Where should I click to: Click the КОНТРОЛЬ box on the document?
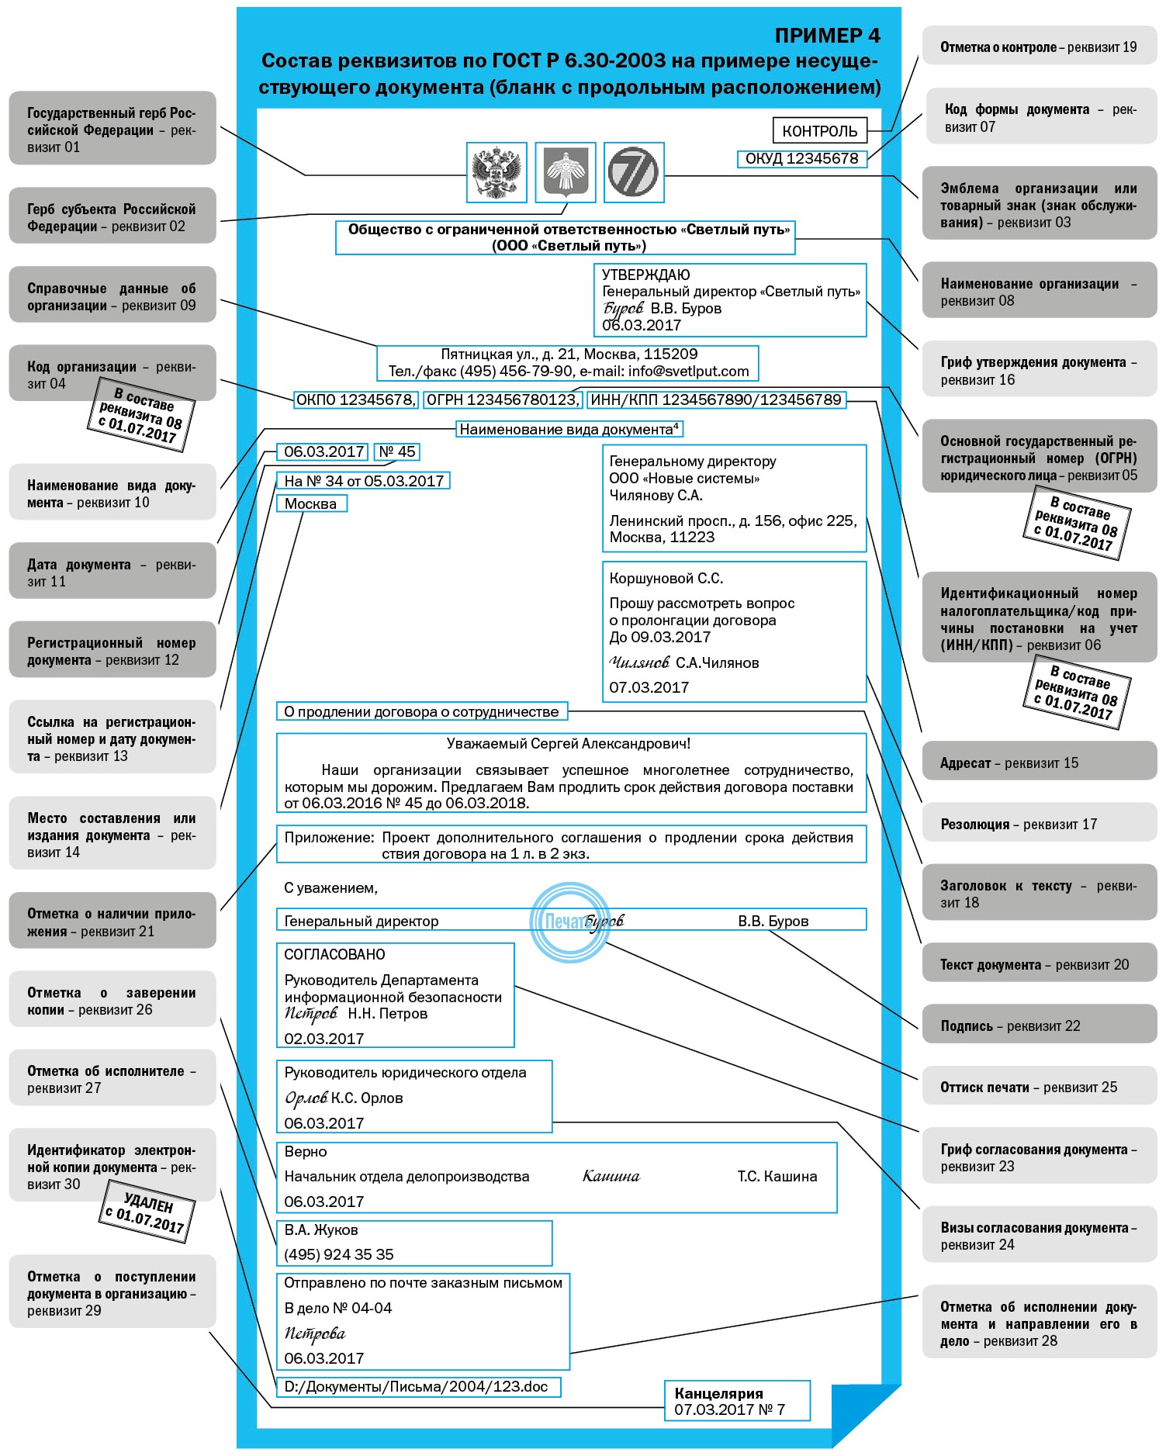click(819, 131)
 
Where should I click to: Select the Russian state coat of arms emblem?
click(497, 172)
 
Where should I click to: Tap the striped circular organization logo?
click(634, 172)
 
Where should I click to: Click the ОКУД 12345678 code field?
click(801, 159)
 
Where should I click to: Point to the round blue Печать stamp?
click(569, 922)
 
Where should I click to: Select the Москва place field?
click(311, 503)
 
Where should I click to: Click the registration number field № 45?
click(397, 451)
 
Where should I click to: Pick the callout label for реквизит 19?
click(1038, 47)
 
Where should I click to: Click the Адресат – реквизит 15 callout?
click(1038, 763)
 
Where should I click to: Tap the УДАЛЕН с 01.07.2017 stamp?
click(147, 1212)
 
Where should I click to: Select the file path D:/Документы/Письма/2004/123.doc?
click(417, 1386)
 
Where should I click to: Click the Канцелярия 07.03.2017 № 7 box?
click(736, 1401)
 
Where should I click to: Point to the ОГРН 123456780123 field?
click(503, 400)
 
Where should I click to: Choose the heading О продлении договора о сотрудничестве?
click(422, 711)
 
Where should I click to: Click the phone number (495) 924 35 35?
click(339, 1254)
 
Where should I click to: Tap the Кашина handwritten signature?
click(611, 1177)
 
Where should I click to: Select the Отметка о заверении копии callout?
click(112, 1001)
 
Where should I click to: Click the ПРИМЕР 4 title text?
click(827, 36)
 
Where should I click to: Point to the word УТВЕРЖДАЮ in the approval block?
click(646, 275)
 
